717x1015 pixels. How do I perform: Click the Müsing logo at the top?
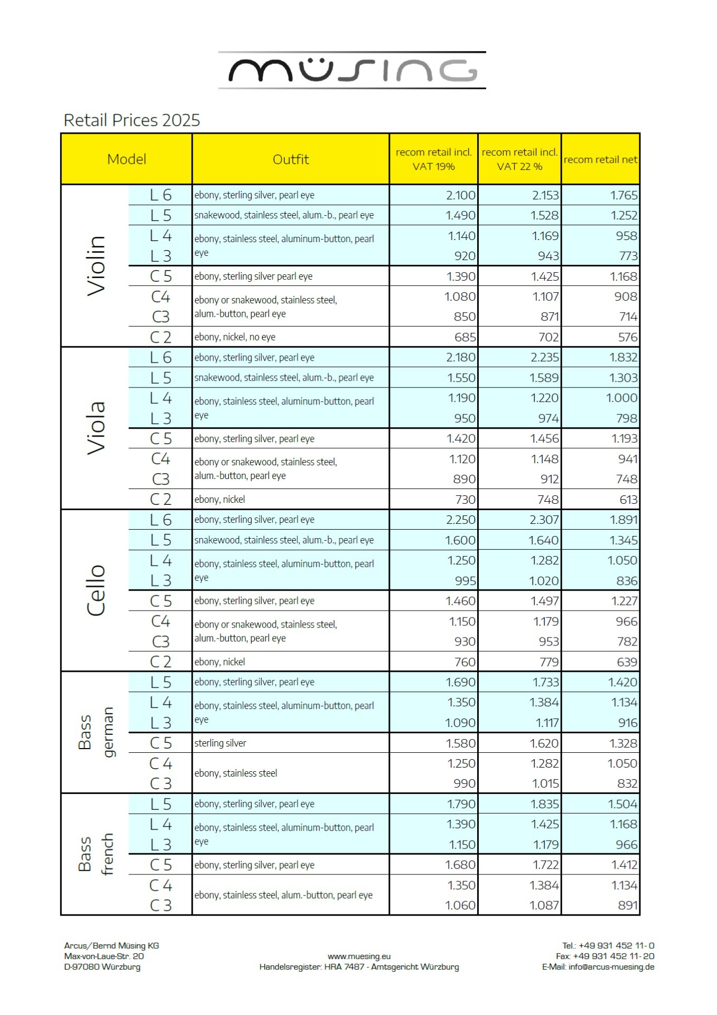(352, 70)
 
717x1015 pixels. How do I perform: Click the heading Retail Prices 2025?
(132, 121)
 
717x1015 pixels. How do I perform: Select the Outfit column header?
(291, 159)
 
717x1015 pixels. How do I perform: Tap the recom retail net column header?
(600, 159)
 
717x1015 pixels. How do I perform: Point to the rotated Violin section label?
(96, 265)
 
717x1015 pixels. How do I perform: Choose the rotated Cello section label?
(96, 590)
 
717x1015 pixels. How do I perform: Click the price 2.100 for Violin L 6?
(461, 195)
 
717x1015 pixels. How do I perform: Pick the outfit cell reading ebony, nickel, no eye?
(235, 337)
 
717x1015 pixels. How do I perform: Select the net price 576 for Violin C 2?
(628, 337)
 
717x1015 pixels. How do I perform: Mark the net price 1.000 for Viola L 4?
(621, 398)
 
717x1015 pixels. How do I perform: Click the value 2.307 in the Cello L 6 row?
(544, 520)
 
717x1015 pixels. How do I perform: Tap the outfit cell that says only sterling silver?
(220, 743)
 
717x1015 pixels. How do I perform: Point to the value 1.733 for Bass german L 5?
(545, 682)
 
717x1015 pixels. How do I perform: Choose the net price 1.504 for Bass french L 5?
(622, 804)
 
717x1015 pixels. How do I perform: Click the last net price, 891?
(628, 905)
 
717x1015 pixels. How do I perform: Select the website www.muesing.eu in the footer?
(359, 956)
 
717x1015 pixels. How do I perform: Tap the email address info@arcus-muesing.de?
(611, 967)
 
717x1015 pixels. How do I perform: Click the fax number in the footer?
(605, 956)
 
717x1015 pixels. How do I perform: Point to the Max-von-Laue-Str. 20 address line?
(104, 956)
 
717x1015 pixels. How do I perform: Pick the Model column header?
(126, 159)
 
